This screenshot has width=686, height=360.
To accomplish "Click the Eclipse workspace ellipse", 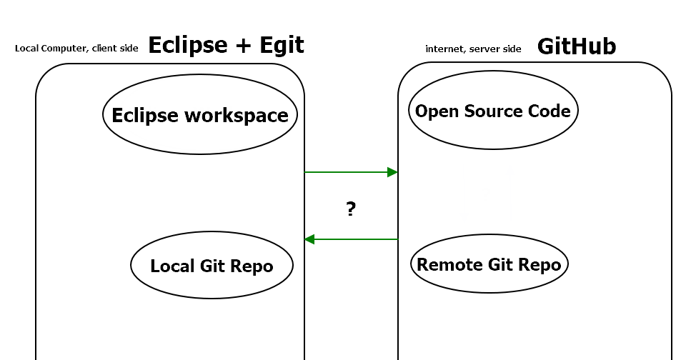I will [x=200, y=116].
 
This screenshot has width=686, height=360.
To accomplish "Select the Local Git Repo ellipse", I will [x=212, y=266].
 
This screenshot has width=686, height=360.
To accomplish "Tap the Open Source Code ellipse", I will [x=493, y=111].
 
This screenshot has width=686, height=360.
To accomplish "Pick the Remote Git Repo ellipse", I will [x=489, y=264].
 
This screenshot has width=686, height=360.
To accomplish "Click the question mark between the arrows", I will [x=351, y=209].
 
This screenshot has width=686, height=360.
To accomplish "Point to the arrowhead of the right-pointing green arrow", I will [x=392, y=172].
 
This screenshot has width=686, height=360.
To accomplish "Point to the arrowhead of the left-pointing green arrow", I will [x=310, y=239].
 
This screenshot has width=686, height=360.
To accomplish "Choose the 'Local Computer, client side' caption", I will [x=76, y=49].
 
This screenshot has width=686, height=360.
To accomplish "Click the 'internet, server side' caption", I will [x=473, y=49].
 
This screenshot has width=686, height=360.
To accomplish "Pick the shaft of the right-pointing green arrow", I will [x=347, y=172].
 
